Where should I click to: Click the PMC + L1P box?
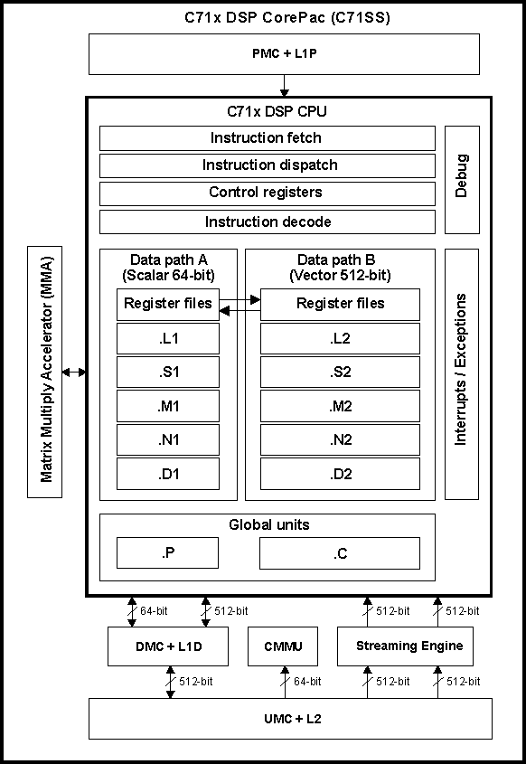pyautogui.click(x=284, y=54)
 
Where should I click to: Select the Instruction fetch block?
pyautogui.click(x=267, y=138)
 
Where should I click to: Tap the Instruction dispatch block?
pyautogui.click(x=267, y=165)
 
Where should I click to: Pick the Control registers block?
pyautogui.click(x=267, y=193)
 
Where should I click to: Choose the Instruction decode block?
pyautogui.click(x=267, y=222)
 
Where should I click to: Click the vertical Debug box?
pyautogui.click(x=461, y=179)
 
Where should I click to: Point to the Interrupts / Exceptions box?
pyautogui.click(x=461, y=369)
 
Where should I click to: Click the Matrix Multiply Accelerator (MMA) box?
pyautogui.click(x=45, y=371)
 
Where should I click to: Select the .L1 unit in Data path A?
pyautogui.click(x=168, y=338)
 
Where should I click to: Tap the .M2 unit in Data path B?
pyautogui.click(x=340, y=406)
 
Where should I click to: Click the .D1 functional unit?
pyautogui.click(x=168, y=474)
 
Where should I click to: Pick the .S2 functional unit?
pyautogui.click(x=340, y=373)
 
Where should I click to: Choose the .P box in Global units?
pyautogui.click(x=168, y=553)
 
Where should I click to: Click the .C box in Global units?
pyautogui.click(x=340, y=553)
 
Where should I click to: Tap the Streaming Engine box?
pyautogui.click(x=409, y=646)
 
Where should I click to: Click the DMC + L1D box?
pyautogui.click(x=169, y=646)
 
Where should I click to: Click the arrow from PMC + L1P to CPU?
pyautogui.click(x=284, y=85)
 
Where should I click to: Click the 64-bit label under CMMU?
pyautogui.click(x=307, y=681)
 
